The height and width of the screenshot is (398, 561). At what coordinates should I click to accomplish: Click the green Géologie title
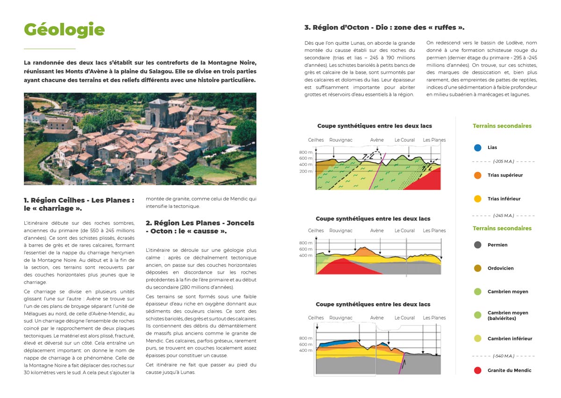tap(64, 29)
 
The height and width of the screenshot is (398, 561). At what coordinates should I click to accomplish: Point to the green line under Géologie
tap(50, 49)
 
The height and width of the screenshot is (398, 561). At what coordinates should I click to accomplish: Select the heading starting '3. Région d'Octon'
tap(384, 28)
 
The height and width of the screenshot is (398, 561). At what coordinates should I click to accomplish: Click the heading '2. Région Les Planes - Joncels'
tap(200, 227)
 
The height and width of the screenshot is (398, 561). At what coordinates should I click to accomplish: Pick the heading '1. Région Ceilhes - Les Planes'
tap(79, 204)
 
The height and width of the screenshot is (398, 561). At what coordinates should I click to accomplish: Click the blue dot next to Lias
tap(477, 148)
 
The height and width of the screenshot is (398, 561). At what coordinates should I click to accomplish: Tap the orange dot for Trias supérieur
tap(477, 175)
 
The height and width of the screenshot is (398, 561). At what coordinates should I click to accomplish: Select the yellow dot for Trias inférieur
tap(477, 199)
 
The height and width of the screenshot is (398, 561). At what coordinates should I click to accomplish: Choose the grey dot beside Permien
tap(477, 245)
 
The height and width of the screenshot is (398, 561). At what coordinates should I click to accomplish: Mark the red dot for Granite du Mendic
tap(477, 370)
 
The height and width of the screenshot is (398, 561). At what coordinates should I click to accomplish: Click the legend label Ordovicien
tap(500, 269)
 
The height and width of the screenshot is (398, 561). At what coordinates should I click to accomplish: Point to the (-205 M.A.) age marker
tap(503, 162)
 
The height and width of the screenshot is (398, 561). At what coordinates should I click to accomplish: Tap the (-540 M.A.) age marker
tap(503, 356)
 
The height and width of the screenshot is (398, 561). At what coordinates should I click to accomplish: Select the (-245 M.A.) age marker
tap(503, 216)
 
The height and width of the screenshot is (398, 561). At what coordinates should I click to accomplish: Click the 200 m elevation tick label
tap(306, 171)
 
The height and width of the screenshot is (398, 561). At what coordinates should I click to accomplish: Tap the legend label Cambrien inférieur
tap(510, 339)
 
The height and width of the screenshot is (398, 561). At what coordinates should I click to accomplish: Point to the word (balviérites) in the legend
tap(502, 319)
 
